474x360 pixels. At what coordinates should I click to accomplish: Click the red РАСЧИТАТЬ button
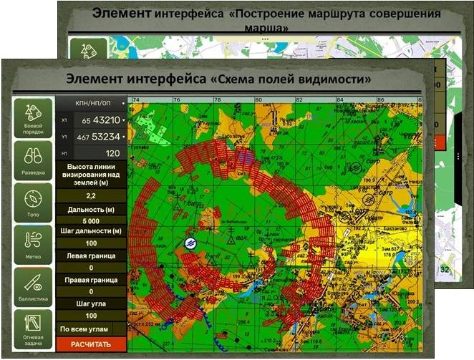[x=91, y=344]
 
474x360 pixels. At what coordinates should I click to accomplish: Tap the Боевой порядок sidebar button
[x=32, y=118]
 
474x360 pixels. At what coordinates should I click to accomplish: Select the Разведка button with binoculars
[x=32, y=160]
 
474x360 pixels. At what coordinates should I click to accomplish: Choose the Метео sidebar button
[x=32, y=245]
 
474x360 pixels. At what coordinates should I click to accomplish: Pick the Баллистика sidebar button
[x=32, y=287]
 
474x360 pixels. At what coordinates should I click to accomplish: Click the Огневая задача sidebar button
[x=32, y=329]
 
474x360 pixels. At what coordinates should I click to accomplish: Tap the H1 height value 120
[x=112, y=153]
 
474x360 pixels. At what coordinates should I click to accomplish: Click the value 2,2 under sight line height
[x=91, y=195]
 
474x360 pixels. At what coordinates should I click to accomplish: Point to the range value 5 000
[x=91, y=220]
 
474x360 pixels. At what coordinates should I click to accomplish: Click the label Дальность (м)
[x=91, y=209]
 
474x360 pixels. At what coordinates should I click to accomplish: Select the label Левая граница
[x=91, y=256]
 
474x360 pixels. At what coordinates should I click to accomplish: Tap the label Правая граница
[x=91, y=280]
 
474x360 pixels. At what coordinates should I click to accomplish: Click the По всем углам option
[x=86, y=329]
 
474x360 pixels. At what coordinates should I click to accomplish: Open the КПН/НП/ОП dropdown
[x=91, y=103]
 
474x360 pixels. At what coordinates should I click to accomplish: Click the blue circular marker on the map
[x=190, y=243]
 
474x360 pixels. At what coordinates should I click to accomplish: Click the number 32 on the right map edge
[x=445, y=271]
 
